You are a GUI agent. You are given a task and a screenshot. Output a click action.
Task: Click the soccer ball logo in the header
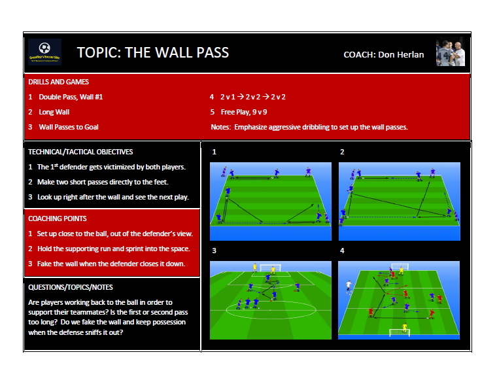click(44, 49)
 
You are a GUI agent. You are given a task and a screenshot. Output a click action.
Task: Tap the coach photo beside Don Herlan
click(451, 52)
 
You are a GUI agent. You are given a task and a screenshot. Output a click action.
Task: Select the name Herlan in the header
click(409, 54)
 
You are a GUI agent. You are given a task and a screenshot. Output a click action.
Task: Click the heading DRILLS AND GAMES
click(58, 82)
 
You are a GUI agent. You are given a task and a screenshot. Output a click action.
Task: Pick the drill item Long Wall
click(54, 112)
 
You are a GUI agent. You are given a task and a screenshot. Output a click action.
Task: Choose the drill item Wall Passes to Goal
click(69, 127)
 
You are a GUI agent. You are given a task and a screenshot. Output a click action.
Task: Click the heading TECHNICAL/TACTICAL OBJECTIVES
click(80, 152)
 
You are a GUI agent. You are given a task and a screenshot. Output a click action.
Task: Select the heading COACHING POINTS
click(58, 218)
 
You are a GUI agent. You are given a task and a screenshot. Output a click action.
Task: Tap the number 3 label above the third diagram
click(213, 251)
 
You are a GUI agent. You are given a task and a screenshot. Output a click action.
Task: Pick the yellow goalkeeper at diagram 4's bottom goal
click(404, 326)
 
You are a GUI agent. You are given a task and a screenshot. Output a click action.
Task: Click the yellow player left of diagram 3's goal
click(254, 266)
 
